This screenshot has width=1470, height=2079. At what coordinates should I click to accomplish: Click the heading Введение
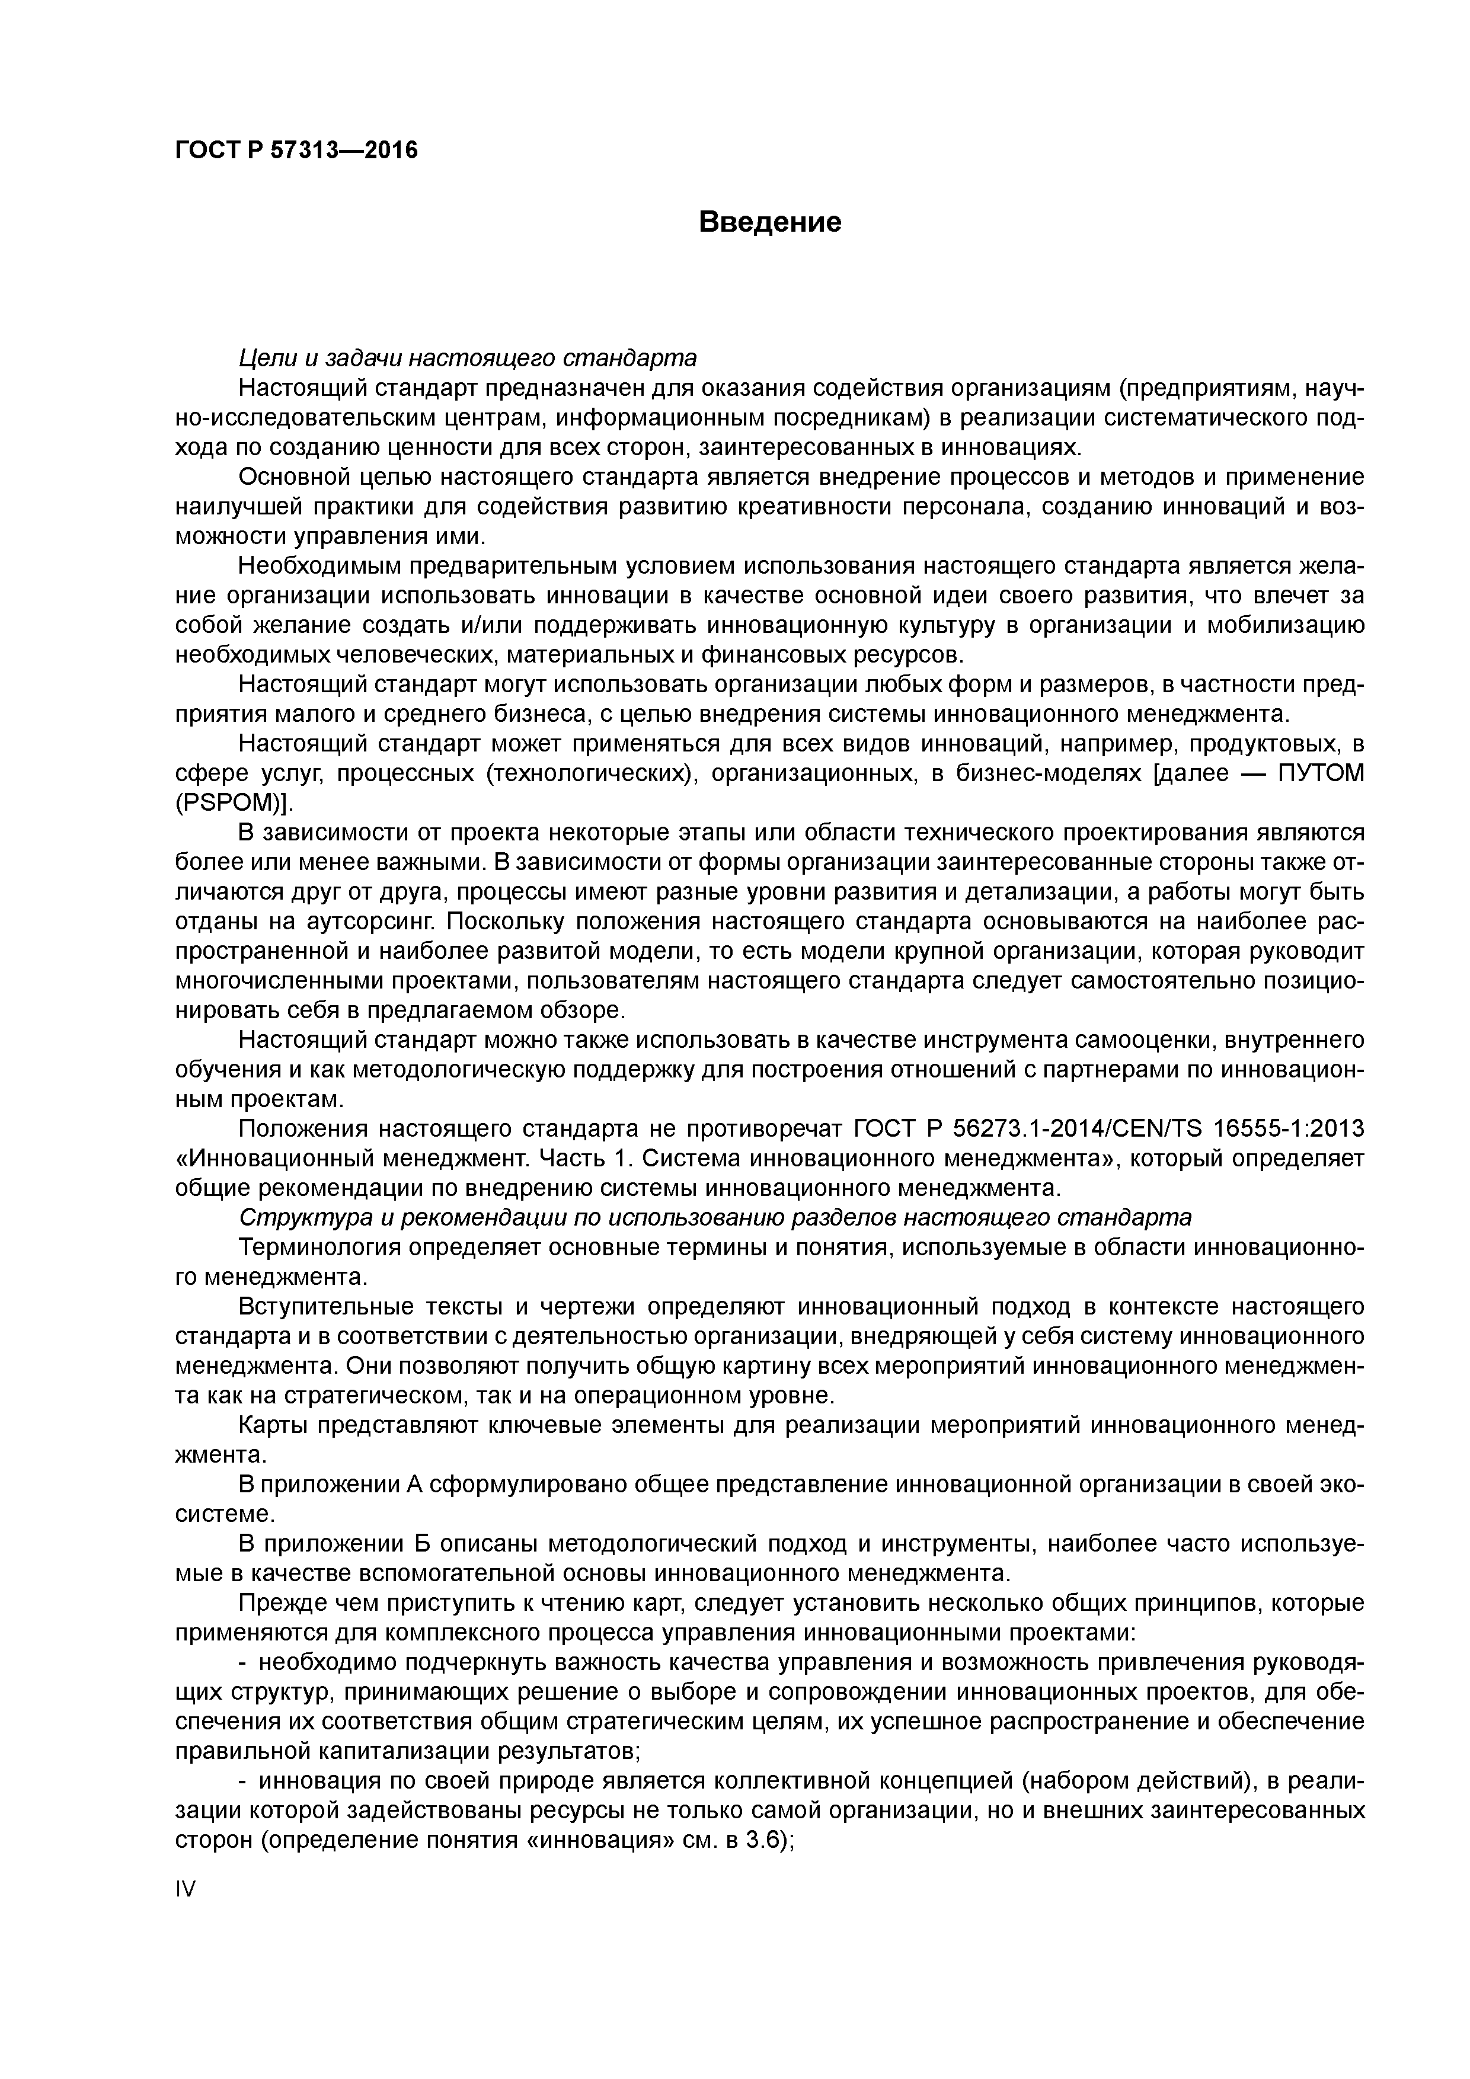point(770,222)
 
